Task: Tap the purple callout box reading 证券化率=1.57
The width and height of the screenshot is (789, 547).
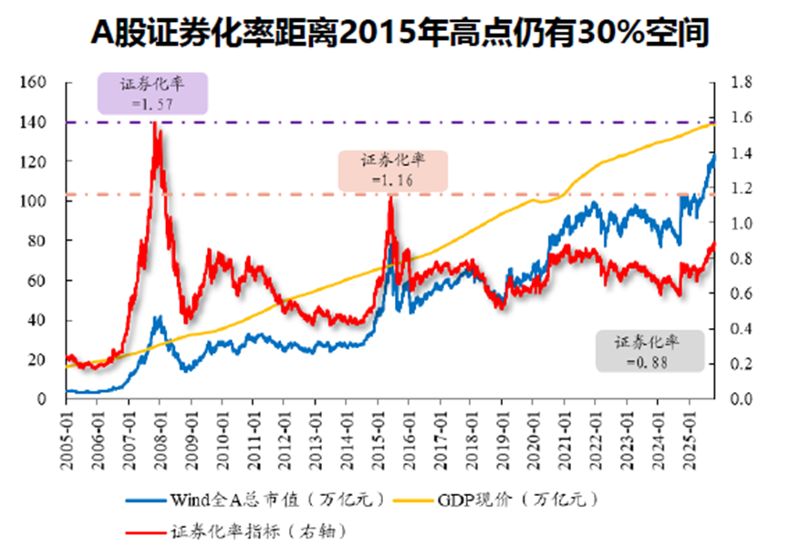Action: pos(153,95)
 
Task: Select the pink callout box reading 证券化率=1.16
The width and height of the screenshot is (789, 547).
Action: pos(392,170)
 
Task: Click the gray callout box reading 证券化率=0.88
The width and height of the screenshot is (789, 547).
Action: pos(651,351)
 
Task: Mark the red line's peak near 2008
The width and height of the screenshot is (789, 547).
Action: pos(157,123)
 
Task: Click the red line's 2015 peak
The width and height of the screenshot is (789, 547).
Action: pos(390,197)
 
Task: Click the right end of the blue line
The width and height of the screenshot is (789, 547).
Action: pos(714,157)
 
